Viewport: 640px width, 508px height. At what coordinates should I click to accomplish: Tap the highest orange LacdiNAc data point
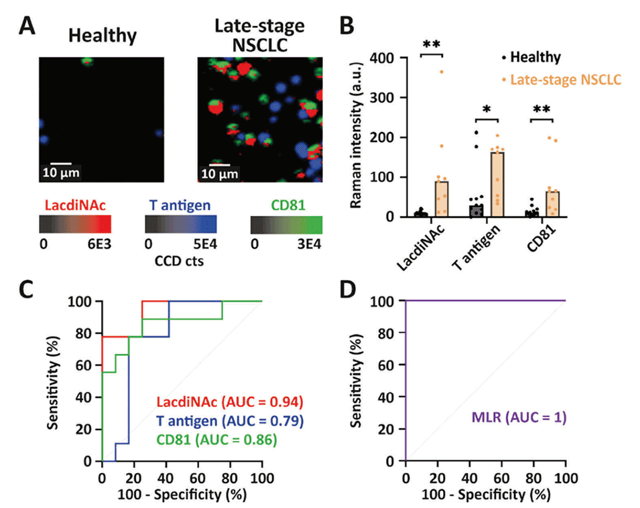coord(442,72)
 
